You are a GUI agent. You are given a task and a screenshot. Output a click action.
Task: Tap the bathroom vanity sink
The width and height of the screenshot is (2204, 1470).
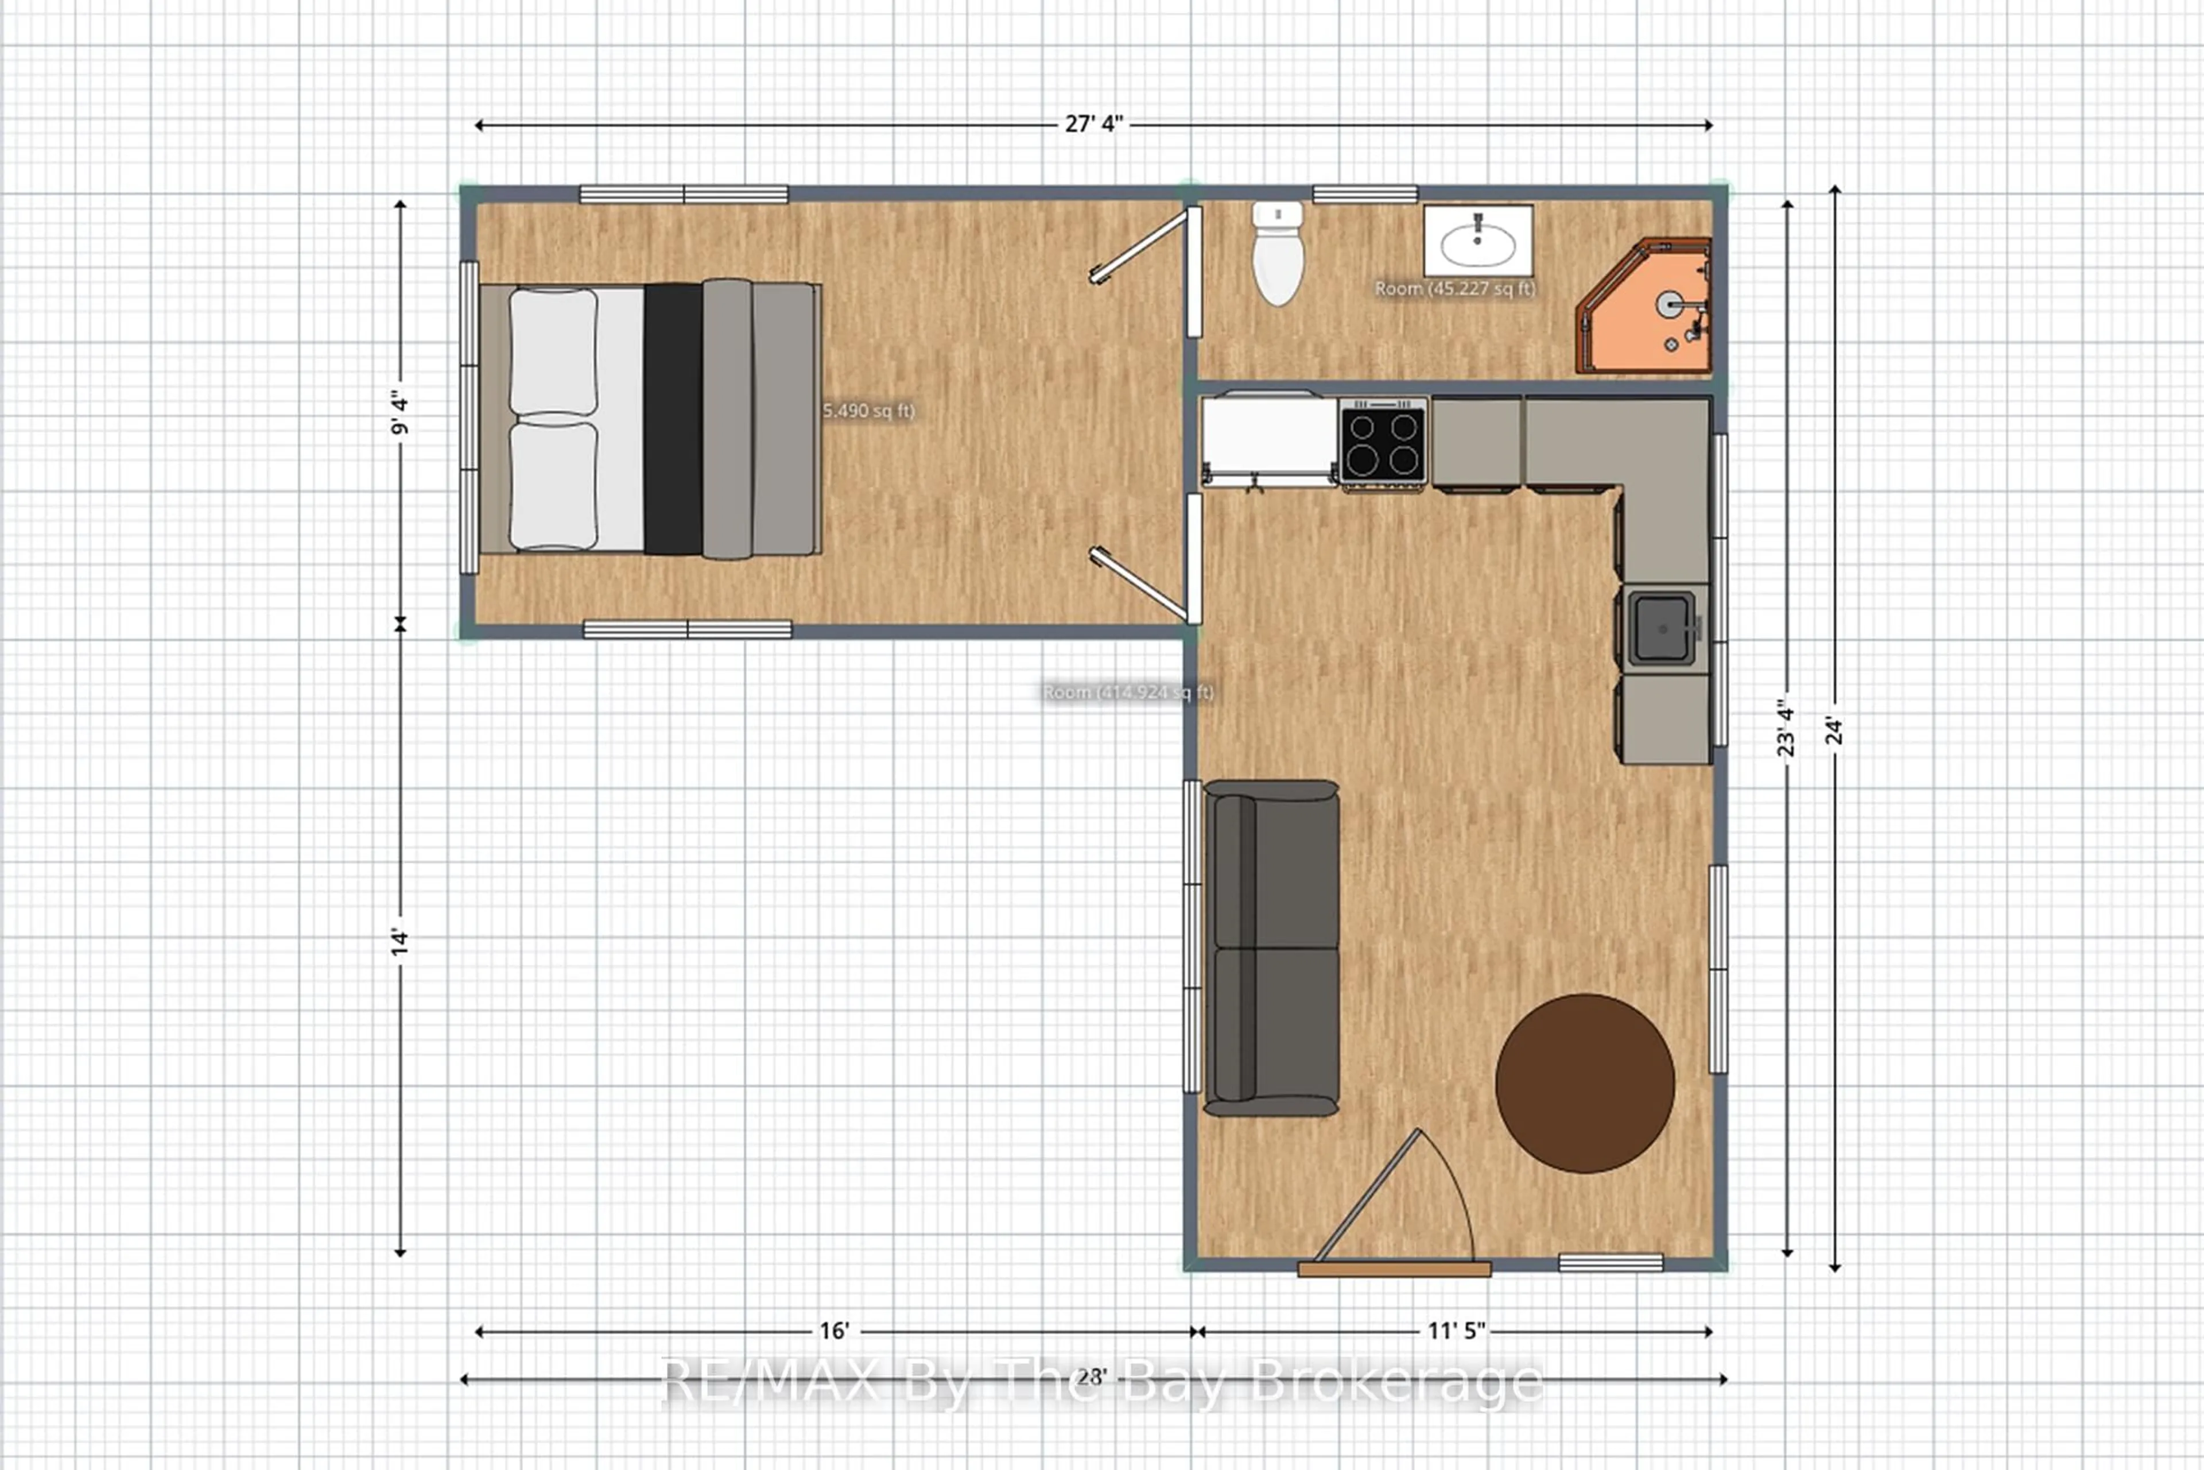1478,243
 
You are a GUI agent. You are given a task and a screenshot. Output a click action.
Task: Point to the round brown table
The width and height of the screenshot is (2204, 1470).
1585,1083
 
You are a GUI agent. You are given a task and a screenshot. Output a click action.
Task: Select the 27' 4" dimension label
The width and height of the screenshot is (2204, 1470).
1093,125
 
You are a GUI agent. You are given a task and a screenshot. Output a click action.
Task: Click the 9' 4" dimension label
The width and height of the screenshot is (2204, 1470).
400,413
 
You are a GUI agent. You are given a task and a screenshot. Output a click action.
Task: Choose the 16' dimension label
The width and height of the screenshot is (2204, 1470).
834,1331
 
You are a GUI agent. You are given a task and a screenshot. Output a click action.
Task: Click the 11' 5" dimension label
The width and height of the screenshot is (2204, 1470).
1456,1331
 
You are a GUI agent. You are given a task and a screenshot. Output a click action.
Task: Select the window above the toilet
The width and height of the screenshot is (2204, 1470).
1364,194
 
